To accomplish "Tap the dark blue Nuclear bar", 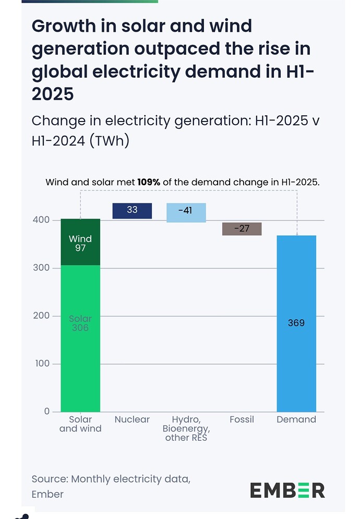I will [x=132, y=211].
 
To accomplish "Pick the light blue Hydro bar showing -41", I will [x=186, y=212].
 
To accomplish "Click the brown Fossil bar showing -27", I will [x=242, y=228].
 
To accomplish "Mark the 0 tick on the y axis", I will [x=47, y=412].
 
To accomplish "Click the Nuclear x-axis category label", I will [x=132, y=419].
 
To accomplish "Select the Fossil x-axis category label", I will [x=242, y=419].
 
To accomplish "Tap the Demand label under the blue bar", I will [x=296, y=419].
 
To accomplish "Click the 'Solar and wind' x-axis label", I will [x=80, y=424].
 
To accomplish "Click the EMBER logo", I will [x=287, y=490].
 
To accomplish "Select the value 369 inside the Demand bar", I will [x=296, y=323].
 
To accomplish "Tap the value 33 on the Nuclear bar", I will [x=132, y=210].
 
